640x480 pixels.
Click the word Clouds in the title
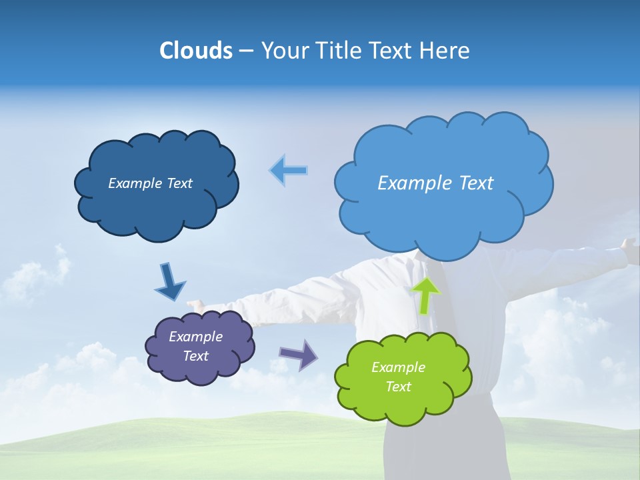click(195, 51)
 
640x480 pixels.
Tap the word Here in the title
click(445, 51)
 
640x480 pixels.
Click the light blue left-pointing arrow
click(289, 171)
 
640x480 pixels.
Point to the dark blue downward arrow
click(169, 282)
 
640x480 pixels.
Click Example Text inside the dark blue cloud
click(150, 183)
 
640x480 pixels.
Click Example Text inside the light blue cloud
click(435, 183)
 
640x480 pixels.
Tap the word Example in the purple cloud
click(195, 337)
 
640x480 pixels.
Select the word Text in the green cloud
click(398, 387)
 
